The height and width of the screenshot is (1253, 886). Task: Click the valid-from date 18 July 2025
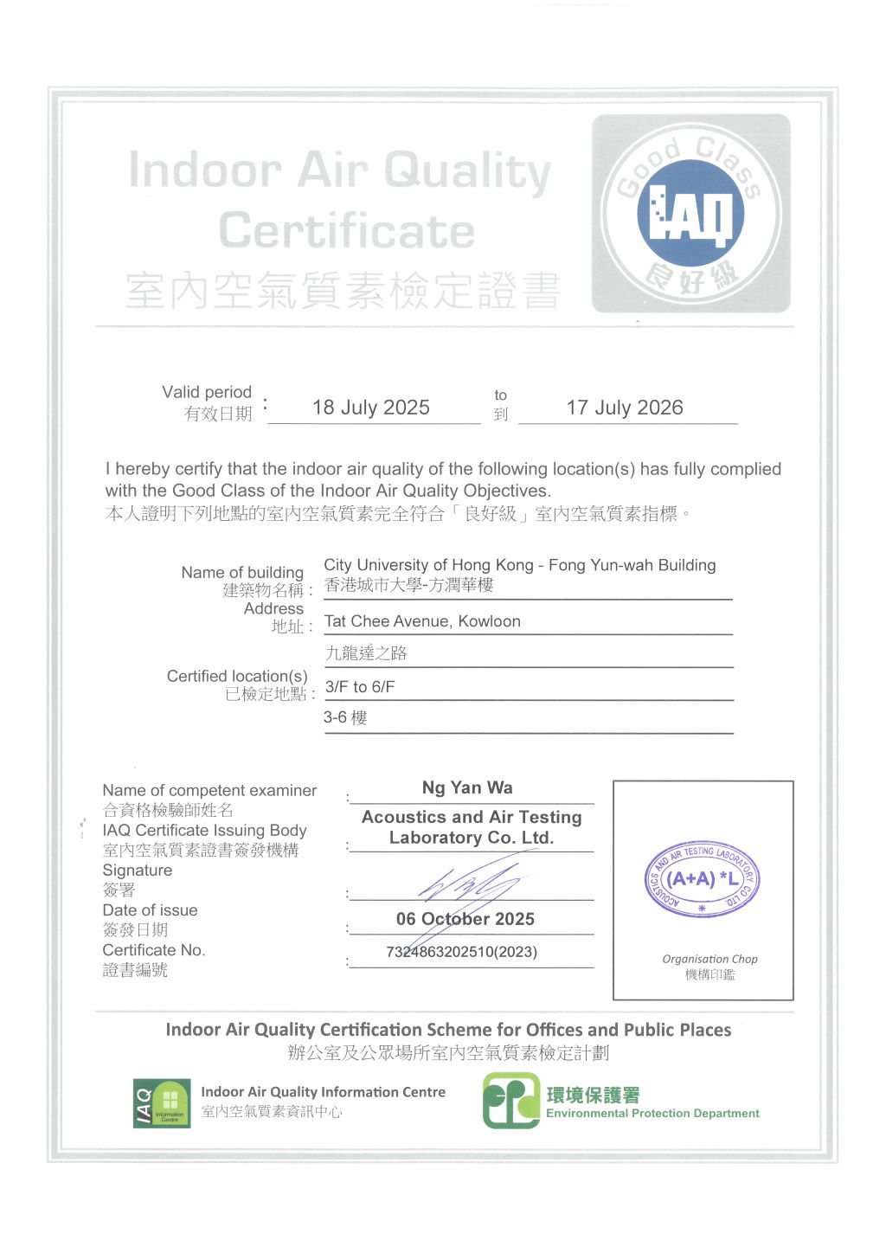pos(370,408)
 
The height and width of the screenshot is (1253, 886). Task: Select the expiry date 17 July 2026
pos(625,408)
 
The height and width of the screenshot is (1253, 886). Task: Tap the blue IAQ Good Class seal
pos(690,214)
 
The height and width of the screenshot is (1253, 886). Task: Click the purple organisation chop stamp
pos(703,879)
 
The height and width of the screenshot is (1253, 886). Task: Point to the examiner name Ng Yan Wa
pos(467,787)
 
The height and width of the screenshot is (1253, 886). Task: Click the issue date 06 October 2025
pos(465,919)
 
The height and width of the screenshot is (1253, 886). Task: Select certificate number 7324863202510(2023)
pos(461,952)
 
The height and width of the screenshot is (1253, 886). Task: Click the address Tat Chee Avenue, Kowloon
pos(422,621)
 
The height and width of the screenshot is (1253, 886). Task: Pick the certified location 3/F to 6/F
pos(360,687)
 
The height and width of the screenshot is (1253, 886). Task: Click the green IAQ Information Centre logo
pos(162,1102)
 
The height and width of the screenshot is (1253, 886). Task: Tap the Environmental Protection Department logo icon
pos(510,1101)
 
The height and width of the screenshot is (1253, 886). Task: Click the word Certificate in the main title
pos(346,231)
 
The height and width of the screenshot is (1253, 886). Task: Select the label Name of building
pos(242,572)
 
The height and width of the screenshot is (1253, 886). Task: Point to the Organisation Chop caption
pos(709,959)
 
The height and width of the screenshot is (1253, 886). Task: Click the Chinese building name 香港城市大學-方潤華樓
pos(408,585)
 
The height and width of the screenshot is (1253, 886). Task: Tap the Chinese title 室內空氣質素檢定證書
pos(343,291)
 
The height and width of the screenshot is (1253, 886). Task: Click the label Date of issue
pos(150,910)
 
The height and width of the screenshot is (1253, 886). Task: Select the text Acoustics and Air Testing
pos(472,817)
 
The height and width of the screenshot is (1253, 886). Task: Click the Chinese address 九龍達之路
pos(366,653)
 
